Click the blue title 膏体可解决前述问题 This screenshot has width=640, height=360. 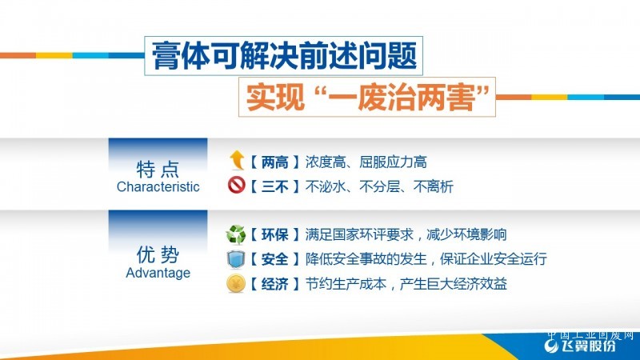click(x=284, y=55)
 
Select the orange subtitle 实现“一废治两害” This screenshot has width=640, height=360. click(x=367, y=97)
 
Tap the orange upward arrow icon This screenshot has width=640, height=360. click(x=237, y=159)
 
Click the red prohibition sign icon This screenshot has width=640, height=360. click(x=236, y=185)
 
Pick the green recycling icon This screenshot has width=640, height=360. click(x=236, y=234)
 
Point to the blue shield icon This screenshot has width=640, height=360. click(x=236, y=259)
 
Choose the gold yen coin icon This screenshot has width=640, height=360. click(x=236, y=284)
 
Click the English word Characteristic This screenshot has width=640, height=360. click(x=158, y=187)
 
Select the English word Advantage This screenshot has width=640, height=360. click(x=158, y=273)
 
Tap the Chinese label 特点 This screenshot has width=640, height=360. click(x=158, y=169)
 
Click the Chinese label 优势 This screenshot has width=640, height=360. click(x=158, y=254)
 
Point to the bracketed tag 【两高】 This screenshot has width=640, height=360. click(x=274, y=162)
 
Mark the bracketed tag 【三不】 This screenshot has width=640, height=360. click(x=274, y=187)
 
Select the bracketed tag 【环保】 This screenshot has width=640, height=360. click(x=274, y=234)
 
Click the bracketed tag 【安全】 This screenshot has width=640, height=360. click(x=274, y=259)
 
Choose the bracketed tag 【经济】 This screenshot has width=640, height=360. click(x=274, y=284)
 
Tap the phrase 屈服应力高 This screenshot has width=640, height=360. click(x=393, y=162)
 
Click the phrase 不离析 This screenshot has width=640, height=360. click(x=434, y=187)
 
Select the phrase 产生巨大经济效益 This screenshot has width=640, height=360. click(x=453, y=284)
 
